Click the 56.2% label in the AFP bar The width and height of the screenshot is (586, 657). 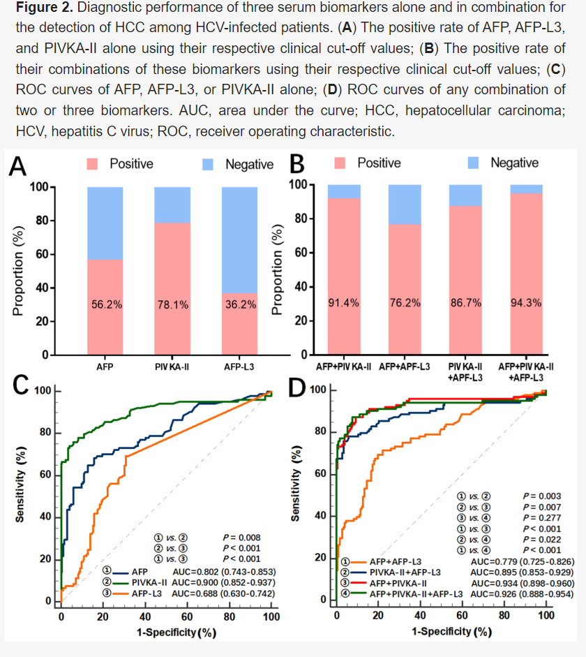(x=105, y=305)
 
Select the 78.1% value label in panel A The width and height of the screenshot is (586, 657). (x=172, y=305)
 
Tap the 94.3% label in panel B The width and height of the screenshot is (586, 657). (x=526, y=303)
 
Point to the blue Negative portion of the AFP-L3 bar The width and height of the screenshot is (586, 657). (x=240, y=237)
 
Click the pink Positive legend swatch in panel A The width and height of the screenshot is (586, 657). (x=93, y=164)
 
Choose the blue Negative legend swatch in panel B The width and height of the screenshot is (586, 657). (x=474, y=163)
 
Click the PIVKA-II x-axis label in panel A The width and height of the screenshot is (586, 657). (x=172, y=366)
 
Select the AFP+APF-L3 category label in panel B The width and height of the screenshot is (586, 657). (x=404, y=366)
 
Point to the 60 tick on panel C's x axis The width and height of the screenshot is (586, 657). (x=187, y=617)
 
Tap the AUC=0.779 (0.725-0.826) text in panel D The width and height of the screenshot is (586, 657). (x=523, y=561)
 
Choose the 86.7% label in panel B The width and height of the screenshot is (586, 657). (x=465, y=303)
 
